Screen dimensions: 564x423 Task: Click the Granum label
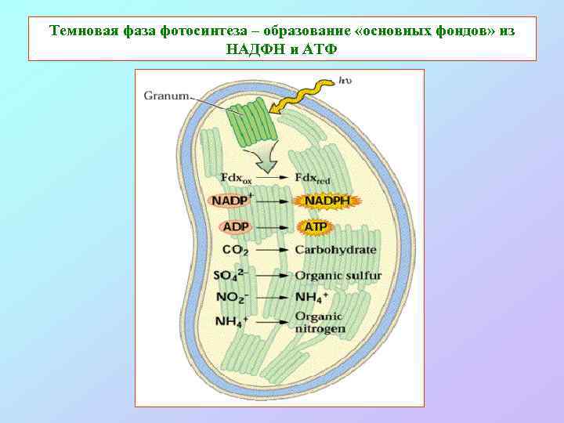(x=165, y=96)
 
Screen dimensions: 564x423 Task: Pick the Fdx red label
(x=312, y=179)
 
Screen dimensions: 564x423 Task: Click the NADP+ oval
(x=230, y=201)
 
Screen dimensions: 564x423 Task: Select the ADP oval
(x=235, y=226)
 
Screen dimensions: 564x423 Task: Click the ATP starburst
(x=314, y=226)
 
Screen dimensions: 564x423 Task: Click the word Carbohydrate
(x=335, y=250)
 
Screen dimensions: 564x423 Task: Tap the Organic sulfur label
(x=337, y=275)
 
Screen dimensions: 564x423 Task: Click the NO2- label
(x=232, y=298)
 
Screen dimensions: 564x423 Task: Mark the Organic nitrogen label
(x=320, y=323)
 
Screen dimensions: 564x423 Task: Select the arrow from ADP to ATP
(x=271, y=227)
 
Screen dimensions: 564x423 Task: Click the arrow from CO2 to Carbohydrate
(x=271, y=251)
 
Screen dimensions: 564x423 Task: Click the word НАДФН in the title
(x=252, y=48)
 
